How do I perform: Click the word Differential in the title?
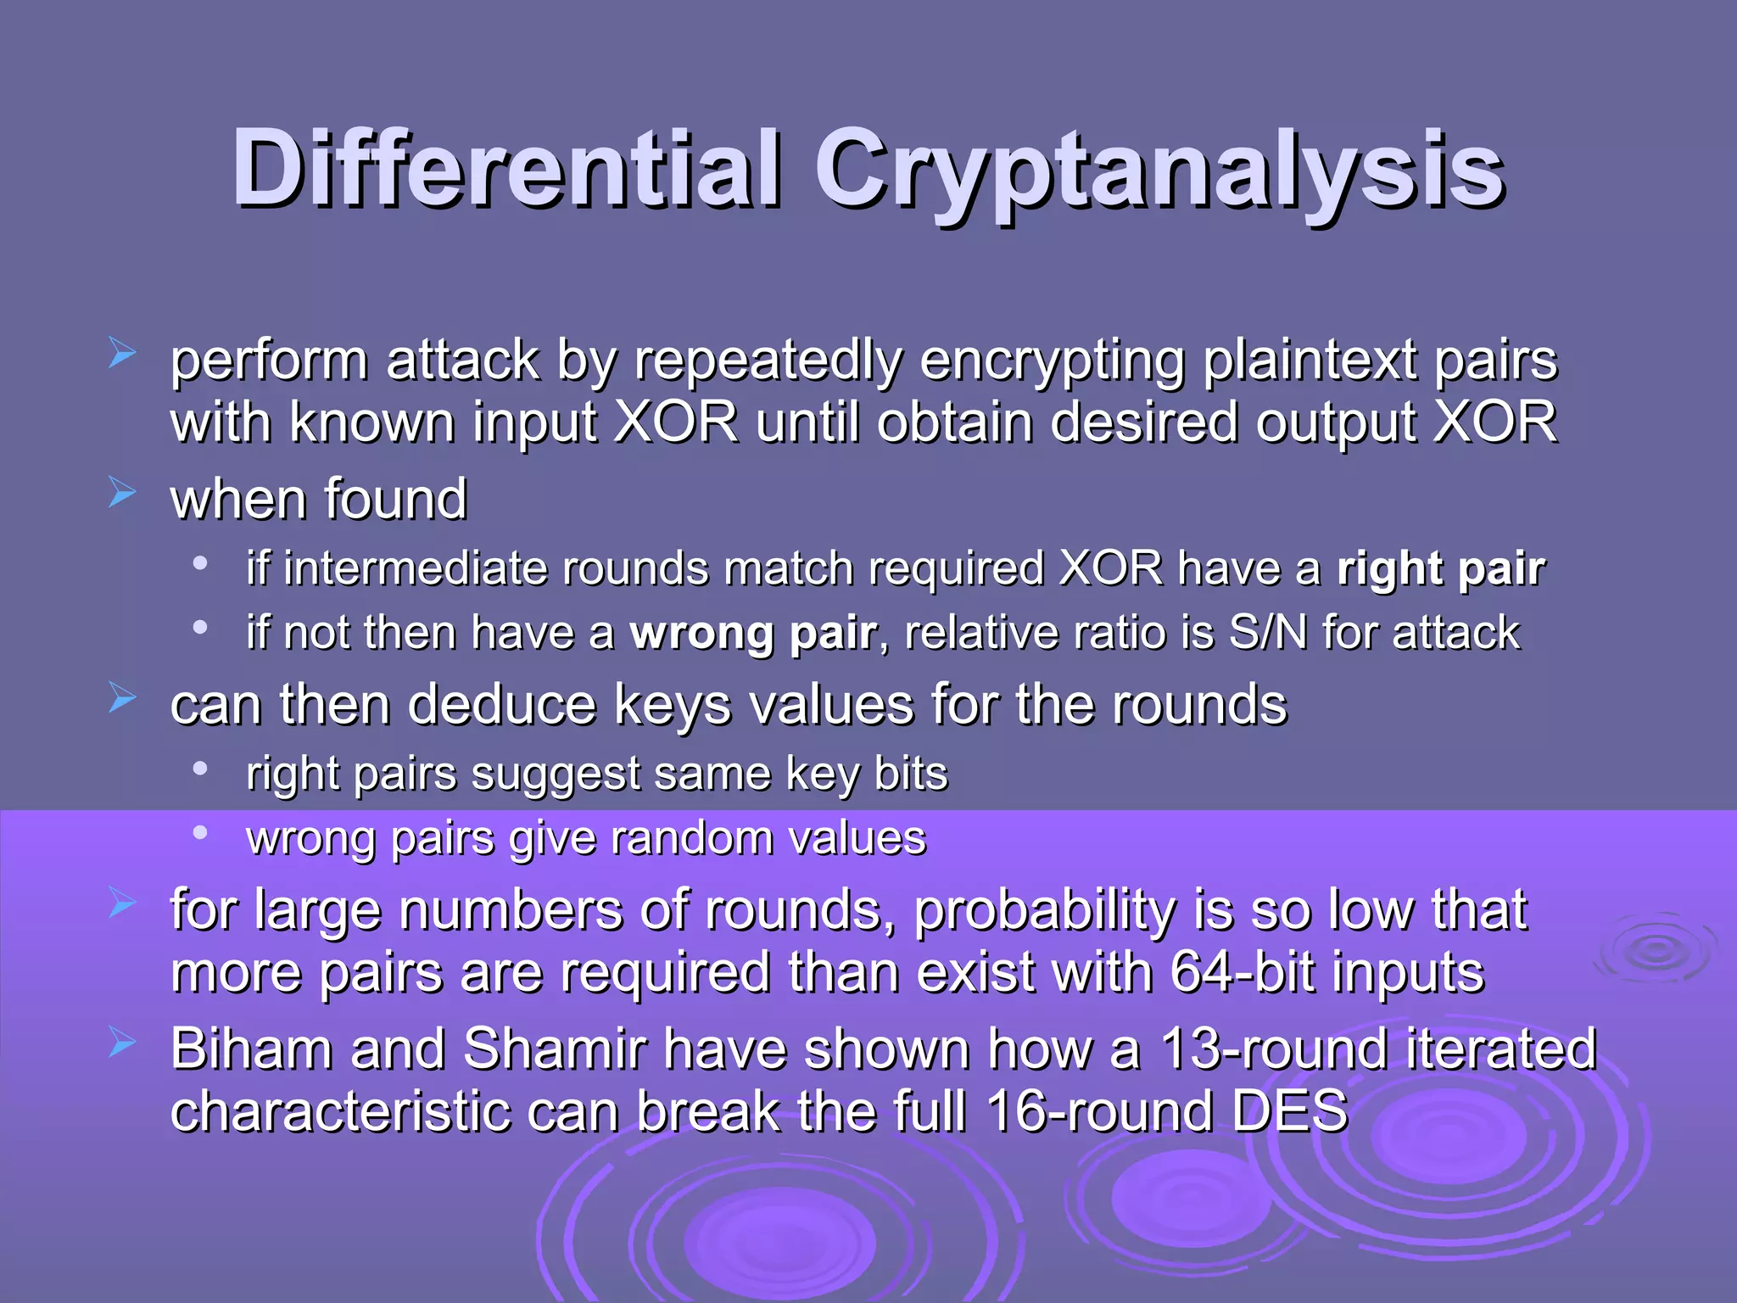506,169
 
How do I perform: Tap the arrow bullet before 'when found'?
122,492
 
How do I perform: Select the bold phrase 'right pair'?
1441,569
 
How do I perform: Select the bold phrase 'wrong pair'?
752,634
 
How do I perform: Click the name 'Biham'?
252,1049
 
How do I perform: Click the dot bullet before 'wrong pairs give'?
200,833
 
